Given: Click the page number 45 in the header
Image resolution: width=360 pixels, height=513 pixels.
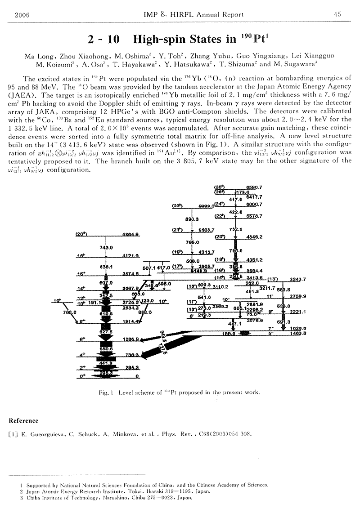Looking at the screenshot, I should (x=337, y=14).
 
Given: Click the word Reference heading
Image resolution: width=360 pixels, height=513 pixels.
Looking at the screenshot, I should (x=23, y=421).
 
